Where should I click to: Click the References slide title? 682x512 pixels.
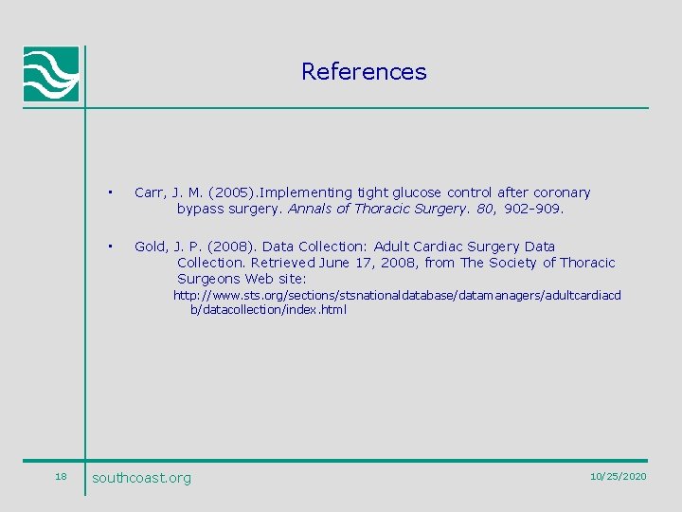(364, 72)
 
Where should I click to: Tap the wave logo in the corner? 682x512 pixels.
(51, 74)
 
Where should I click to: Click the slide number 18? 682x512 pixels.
(61, 476)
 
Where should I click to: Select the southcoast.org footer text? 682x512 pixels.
(141, 478)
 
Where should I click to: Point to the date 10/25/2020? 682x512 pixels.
(618, 476)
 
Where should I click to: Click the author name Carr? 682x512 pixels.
(150, 192)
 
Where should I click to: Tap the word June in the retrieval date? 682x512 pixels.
(336, 263)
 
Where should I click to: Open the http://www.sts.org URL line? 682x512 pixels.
(397, 296)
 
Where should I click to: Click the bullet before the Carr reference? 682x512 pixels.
(111, 192)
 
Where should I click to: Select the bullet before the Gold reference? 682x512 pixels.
(111, 247)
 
